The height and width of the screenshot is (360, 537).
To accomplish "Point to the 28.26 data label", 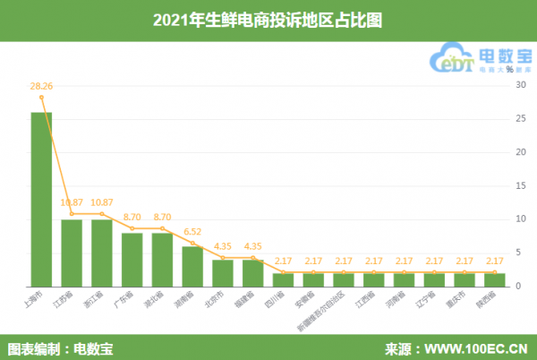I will pyautogui.click(x=41, y=86).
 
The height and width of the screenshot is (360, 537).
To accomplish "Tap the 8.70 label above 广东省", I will pyautogui.click(x=132, y=218).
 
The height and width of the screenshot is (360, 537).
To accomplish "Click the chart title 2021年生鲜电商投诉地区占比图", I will pyautogui.click(x=268, y=19).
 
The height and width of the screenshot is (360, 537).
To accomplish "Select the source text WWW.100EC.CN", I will pyautogui.click(x=466, y=347).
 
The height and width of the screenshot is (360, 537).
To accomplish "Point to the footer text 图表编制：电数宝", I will pyautogui.click(x=61, y=347).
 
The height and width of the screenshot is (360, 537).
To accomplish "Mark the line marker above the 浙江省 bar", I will pyautogui.click(x=102, y=214).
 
